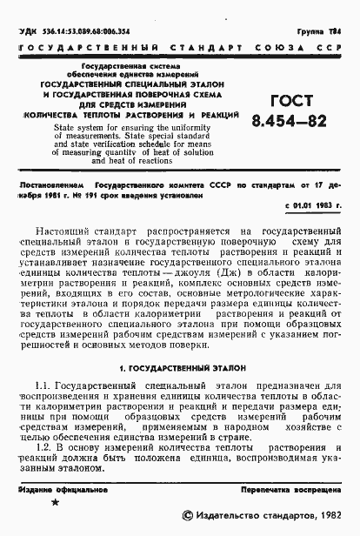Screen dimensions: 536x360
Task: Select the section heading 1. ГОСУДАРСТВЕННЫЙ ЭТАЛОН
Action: [181, 368]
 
